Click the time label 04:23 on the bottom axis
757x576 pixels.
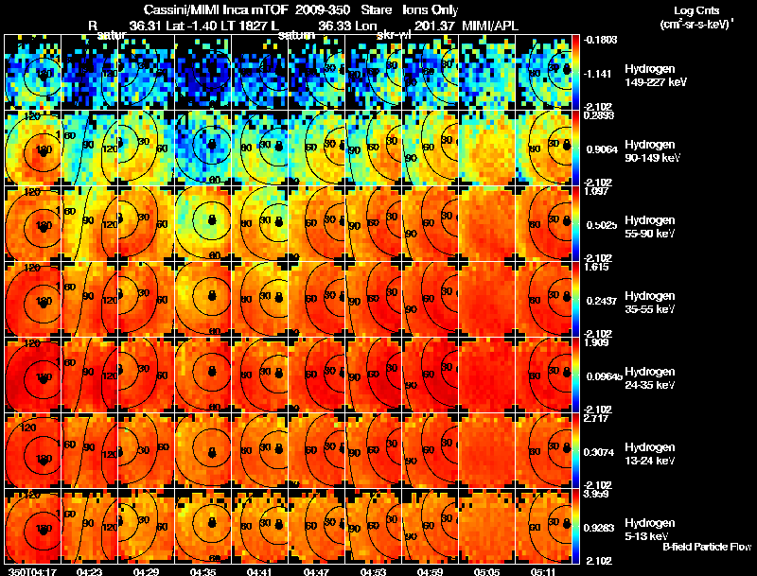click(x=92, y=571)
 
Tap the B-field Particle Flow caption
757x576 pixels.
click(x=707, y=547)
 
